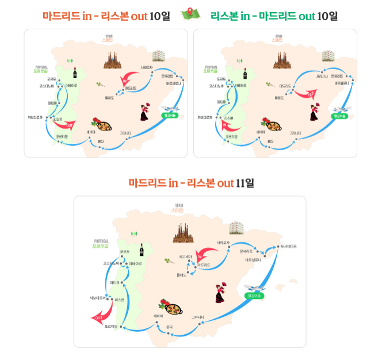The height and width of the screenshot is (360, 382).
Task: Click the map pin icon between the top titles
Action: [190, 13]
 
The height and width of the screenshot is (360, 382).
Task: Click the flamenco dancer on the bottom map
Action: [221, 293]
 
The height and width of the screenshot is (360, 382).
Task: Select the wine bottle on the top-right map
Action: [245, 74]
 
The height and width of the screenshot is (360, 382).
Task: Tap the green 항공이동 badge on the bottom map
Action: [254, 296]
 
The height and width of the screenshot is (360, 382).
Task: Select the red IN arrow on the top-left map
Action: [127, 82]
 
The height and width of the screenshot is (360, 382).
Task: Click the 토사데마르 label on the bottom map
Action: [288, 246]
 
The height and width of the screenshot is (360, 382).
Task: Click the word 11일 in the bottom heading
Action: [245, 183]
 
